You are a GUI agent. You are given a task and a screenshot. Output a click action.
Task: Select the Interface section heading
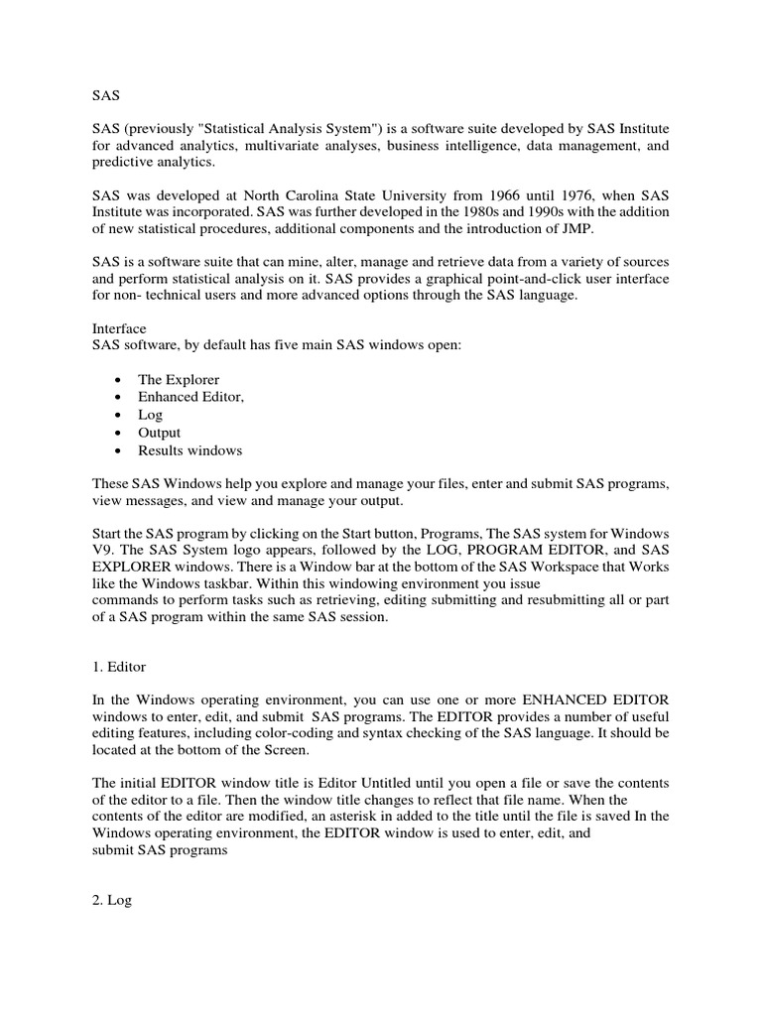119,327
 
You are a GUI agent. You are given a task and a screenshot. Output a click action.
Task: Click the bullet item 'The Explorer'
180,380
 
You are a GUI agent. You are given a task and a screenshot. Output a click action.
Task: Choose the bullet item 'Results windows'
190,450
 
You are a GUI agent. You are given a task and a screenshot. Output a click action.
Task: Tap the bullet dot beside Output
119,433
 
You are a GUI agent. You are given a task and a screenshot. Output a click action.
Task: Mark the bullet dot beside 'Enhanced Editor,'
119,398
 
